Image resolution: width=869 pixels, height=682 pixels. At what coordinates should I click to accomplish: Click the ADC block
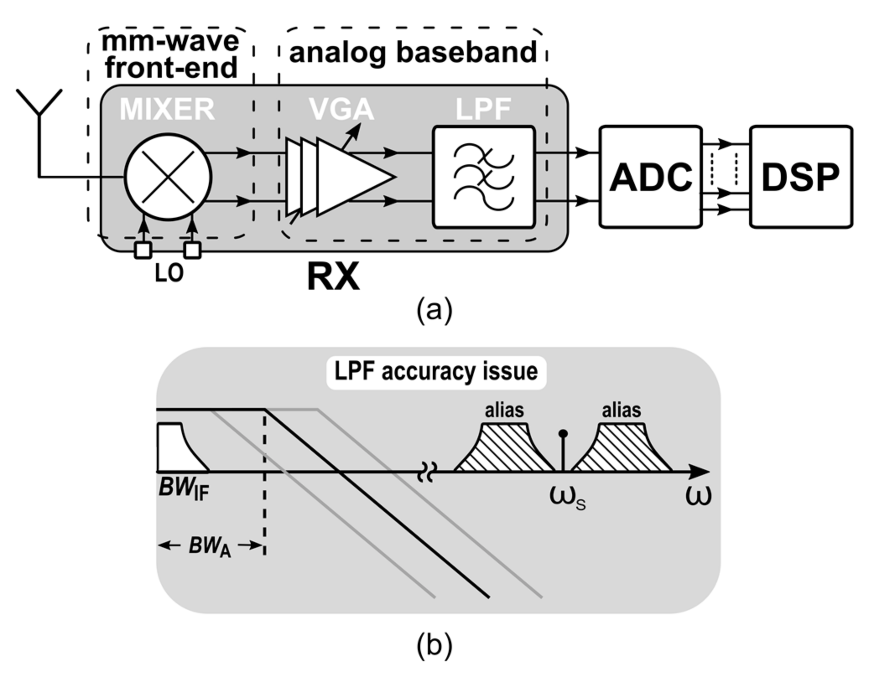click(650, 177)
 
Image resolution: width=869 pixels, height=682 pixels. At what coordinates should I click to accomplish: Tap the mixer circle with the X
click(168, 177)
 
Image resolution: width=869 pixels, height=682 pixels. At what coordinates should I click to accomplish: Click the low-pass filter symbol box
click(484, 177)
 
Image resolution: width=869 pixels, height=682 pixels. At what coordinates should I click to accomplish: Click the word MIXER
click(167, 109)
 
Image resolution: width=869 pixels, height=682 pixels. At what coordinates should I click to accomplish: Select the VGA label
click(341, 109)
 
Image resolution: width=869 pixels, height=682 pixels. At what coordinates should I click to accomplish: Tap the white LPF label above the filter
click(483, 109)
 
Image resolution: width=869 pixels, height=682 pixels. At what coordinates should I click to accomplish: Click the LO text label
click(169, 274)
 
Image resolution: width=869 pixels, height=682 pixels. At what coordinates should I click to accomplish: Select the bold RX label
click(333, 277)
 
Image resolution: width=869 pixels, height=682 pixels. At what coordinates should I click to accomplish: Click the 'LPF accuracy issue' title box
click(436, 372)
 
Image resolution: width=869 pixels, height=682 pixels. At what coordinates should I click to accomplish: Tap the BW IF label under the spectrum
click(184, 489)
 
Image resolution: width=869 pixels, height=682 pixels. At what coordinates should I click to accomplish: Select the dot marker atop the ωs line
click(564, 433)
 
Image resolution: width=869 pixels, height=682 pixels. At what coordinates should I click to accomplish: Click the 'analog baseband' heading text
click(413, 53)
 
